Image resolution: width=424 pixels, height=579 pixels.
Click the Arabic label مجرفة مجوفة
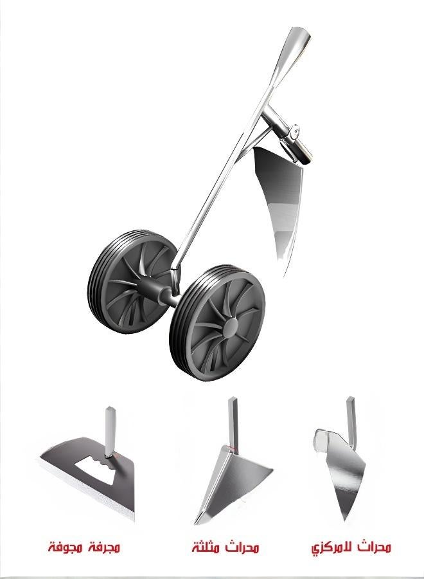(x=84, y=548)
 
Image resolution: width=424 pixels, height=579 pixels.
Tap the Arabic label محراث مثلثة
(x=225, y=548)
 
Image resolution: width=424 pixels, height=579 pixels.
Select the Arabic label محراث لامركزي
(x=351, y=548)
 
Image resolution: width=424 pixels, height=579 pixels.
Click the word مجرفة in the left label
(x=105, y=548)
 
